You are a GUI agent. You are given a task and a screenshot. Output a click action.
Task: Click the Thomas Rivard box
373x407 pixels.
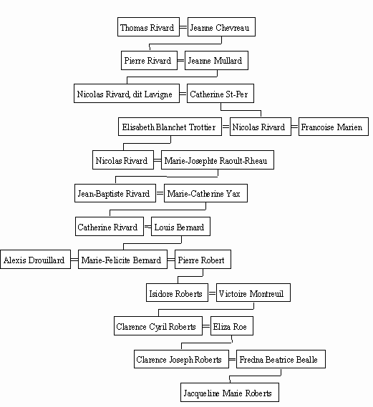[148, 27]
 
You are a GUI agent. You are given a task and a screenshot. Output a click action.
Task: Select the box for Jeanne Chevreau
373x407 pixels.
[221, 27]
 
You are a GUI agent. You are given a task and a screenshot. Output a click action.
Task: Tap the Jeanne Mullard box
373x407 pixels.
[216, 61]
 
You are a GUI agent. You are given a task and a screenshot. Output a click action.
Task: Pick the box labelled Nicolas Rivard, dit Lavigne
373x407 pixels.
[127, 94]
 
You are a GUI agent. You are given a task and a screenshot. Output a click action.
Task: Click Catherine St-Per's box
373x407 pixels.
[221, 94]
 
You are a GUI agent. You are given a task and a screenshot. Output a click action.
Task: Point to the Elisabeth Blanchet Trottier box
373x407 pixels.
[170, 127]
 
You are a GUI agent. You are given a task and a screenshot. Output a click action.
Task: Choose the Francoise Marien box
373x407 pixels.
[334, 127]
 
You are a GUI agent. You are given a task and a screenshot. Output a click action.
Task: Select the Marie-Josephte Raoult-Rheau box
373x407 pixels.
[218, 160]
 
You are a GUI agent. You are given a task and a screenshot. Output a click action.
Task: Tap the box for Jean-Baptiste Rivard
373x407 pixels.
[115, 193]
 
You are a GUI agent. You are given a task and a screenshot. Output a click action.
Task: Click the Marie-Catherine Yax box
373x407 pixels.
[205, 193]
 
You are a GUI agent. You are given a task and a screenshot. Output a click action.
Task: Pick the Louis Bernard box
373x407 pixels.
[180, 226]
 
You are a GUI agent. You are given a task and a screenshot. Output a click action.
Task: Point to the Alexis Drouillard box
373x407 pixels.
[35, 260]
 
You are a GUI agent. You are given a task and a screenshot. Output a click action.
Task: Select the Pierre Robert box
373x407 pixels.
[203, 260]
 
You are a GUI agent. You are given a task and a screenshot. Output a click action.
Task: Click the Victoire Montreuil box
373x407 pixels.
[253, 293]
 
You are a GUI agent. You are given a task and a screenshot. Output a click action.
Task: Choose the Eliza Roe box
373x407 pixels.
[232, 325]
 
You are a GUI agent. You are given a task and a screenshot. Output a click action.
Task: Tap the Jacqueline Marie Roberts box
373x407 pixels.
[230, 392]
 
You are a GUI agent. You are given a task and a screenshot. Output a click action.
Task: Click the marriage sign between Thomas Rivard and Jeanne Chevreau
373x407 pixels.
[183, 27]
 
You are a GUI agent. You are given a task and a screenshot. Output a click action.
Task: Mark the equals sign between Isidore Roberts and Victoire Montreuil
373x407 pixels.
[212, 293]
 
